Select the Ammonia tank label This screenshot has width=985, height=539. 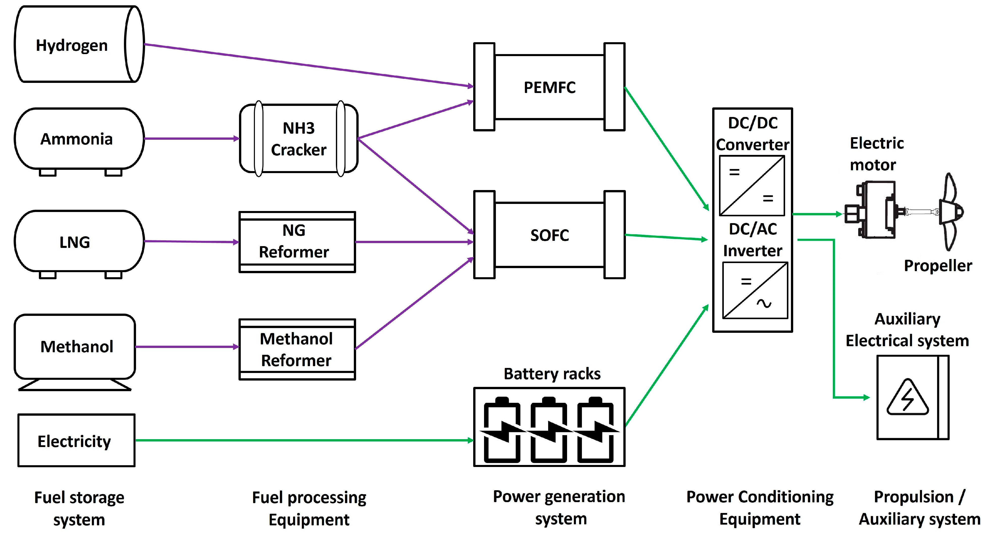pyautogui.click(x=76, y=139)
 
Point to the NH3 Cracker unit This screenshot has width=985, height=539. pyautogui.click(x=299, y=138)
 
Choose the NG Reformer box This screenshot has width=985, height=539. pyautogui.click(x=297, y=242)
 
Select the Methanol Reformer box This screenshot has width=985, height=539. pyautogui.click(x=297, y=349)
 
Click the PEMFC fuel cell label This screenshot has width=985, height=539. pyautogui.click(x=549, y=87)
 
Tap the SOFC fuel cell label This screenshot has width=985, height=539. pyautogui.click(x=549, y=235)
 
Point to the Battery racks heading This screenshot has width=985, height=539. pyautogui.click(x=552, y=374)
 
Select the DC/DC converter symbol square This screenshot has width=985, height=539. pyautogui.click(x=752, y=186)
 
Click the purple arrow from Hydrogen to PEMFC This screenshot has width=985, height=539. pyautogui.click(x=306, y=65)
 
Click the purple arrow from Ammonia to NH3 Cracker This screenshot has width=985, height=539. pyautogui.click(x=191, y=138)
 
